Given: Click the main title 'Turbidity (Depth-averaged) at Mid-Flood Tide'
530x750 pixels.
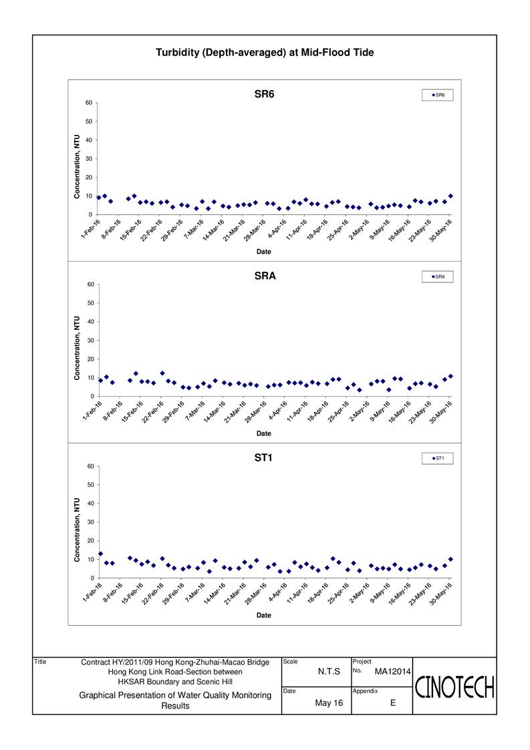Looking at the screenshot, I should [x=265, y=52].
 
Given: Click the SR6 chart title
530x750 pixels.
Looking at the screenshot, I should [x=264, y=94].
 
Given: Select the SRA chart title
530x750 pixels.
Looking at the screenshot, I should [x=264, y=276].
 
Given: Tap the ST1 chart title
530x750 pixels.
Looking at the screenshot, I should [x=264, y=458].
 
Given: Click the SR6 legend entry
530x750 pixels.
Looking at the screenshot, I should [x=438, y=96].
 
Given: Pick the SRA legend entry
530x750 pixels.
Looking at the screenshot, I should [x=438, y=276].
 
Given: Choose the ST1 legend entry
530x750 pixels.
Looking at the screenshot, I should [x=438, y=458].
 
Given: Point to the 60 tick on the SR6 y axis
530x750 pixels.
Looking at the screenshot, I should [x=89, y=102].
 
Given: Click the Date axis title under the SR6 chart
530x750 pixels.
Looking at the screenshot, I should [x=264, y=252].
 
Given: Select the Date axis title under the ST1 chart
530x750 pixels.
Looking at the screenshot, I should [x=264, y=615].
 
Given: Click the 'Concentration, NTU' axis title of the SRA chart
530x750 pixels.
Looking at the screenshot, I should [x=78, y=341].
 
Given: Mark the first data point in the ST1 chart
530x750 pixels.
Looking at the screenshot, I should [x=100, y=554].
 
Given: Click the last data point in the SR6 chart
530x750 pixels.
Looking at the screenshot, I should [x=450, y=196].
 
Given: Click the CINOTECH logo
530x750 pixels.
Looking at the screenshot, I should [x=454, y=686].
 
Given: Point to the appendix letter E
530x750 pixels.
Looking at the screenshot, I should [x=392, y=703].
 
